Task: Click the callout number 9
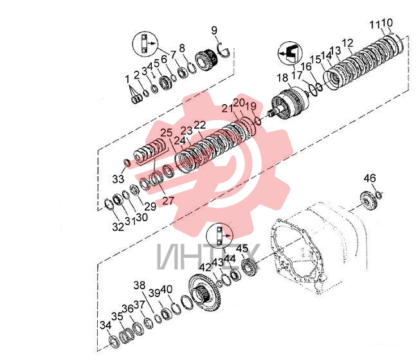point(214,30)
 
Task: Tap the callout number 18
point(282,78)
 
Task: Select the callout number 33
point(118,179)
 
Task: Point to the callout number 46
point(370,178)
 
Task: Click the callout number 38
point(140,285)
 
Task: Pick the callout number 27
point(168,201)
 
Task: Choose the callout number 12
point(347,43)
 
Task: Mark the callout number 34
point(105,325)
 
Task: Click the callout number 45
point(242,248)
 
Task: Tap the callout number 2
point(136,75)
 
